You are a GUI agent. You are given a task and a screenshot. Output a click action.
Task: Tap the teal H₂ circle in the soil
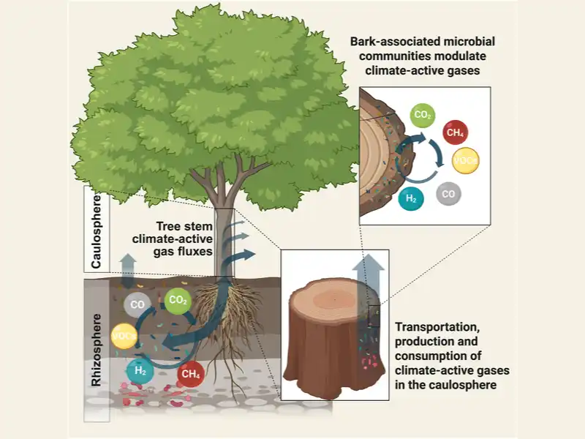[140, 372]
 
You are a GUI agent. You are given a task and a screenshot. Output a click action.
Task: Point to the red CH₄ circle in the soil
[191, 375]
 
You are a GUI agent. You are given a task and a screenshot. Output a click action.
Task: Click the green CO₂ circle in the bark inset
[423, 115]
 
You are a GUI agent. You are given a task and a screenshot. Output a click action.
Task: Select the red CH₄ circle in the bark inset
[456, 132]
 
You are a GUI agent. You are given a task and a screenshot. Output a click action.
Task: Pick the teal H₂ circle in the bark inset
[410, 198]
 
